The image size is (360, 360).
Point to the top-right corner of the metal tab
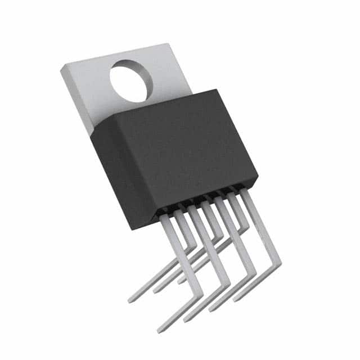(x=168, y=44)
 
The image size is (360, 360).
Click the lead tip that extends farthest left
(x=130, y=301)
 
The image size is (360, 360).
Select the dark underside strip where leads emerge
(x=197, y=202)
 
